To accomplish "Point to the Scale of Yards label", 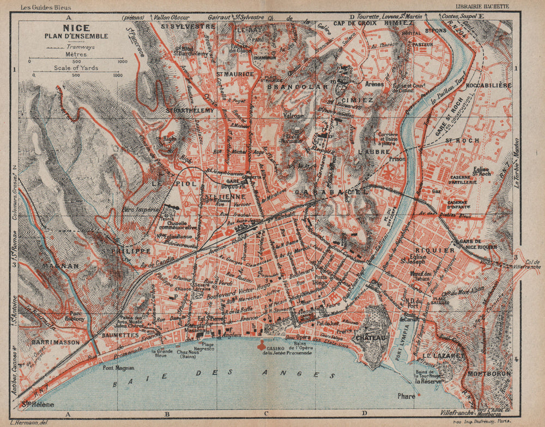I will [76, 68].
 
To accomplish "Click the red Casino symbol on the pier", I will [263, 345].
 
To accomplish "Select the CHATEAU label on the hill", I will [371, 338].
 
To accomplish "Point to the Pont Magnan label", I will [115, 368].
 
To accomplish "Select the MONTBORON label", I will [489, 374].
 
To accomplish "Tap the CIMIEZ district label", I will [358, 100].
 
